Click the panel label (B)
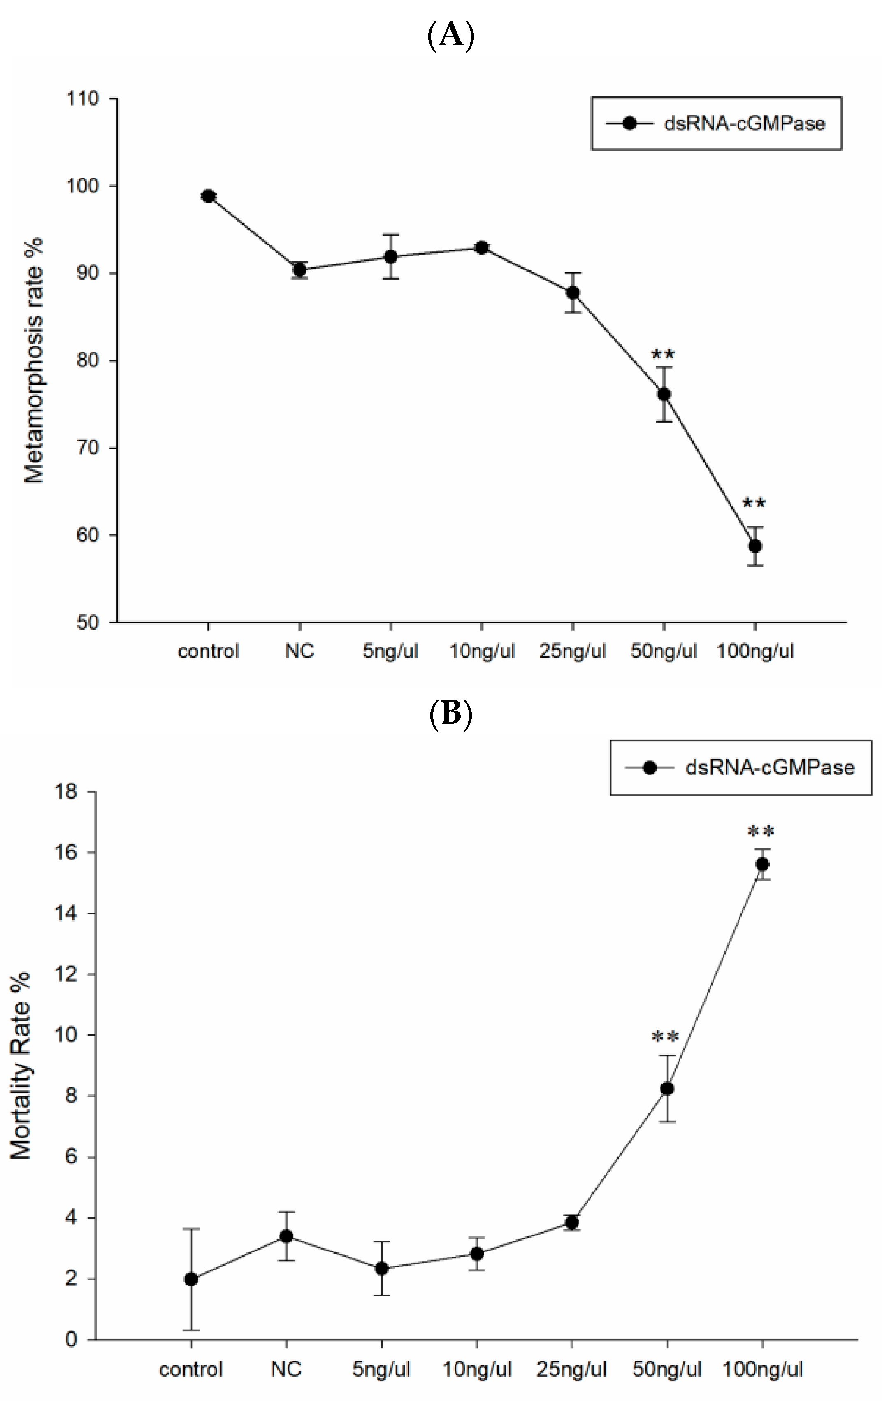[x=451, y=714]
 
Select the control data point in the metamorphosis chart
[x=208, y=196]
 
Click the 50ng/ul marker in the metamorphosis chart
[x=664, y=395]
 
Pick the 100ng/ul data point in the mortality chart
[x=762, y=864]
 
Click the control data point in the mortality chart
[x=191, y=1279]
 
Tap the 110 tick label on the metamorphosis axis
[x=83, y=99]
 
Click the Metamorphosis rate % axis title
[x=34, y=361]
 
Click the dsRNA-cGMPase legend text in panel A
[x=744, y=123]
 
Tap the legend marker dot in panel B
[x=650, y=768]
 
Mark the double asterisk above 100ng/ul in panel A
[x=754, y=503]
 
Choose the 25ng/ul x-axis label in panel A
[x=573, y=651]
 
